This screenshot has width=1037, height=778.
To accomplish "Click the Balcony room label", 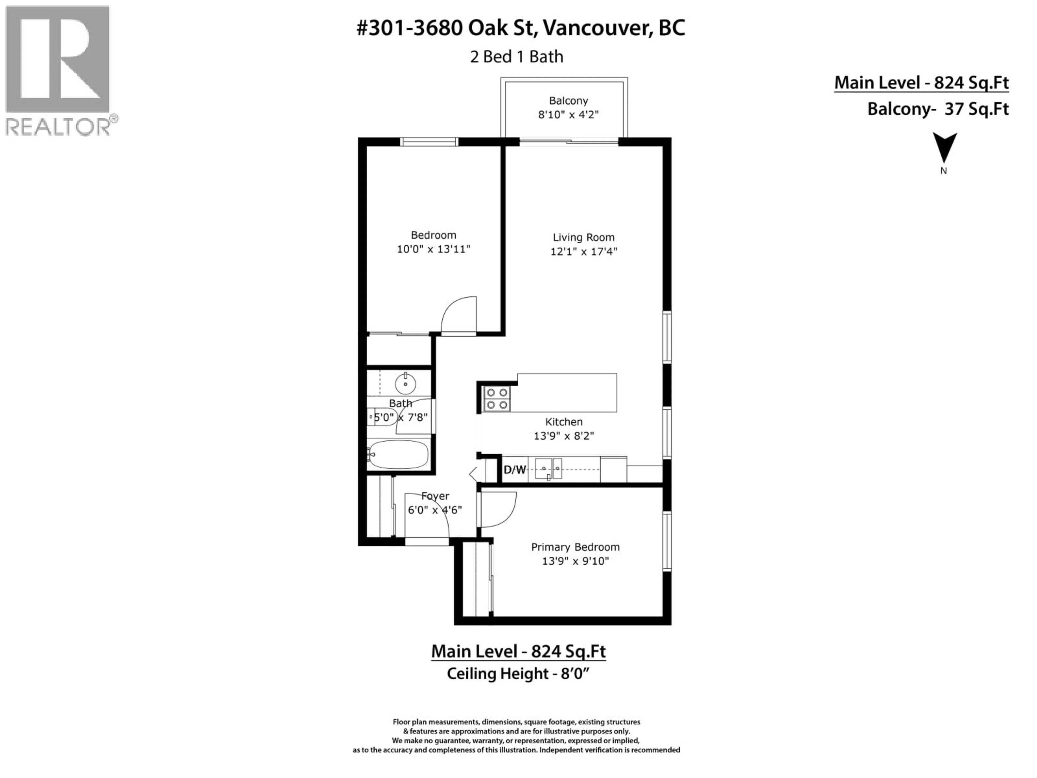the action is [x=568, y=101].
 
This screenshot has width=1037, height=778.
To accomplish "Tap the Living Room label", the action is [x=583, y=237].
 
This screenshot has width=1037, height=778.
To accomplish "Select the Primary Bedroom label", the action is [x=575, y=547].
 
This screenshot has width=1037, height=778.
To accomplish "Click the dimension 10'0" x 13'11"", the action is [x=433, y=249].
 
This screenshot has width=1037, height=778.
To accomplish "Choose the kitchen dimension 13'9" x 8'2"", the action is [x=564, y=436].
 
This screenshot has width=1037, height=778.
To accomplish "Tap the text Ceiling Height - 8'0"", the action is [x=518, y=673].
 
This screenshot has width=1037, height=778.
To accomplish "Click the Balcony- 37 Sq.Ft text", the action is [x=938, y=109].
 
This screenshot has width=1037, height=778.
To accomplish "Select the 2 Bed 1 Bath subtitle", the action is [x=516, y=57].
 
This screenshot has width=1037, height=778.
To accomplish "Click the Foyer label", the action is [x=435, y=496].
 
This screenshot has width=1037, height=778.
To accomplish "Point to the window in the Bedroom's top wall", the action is [x=429, y=142].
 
